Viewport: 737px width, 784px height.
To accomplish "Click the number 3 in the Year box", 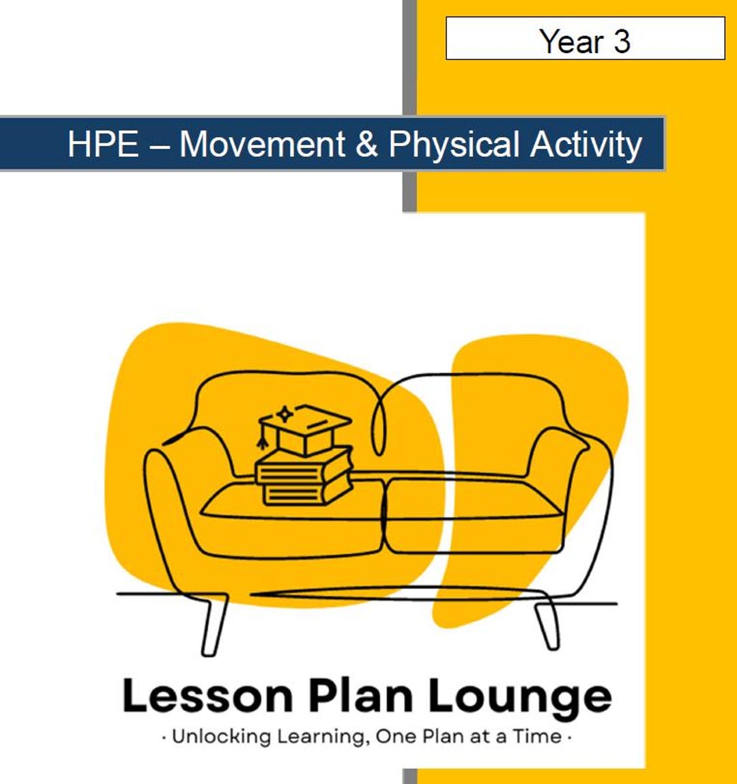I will coord(621,41).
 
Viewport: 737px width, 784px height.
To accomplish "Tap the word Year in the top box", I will coord(571,41).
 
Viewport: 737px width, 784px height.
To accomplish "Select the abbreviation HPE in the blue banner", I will coord(104,145).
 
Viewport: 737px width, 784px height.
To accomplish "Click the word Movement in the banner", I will coord(262,145).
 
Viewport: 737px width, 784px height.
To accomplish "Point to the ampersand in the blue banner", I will coord(366,145).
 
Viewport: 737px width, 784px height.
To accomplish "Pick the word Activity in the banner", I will coord(586,145).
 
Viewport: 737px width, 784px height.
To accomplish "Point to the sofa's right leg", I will coord(548,624).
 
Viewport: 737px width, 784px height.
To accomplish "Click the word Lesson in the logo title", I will coord(207,696).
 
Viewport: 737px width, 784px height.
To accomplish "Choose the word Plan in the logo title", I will coord(360,696).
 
